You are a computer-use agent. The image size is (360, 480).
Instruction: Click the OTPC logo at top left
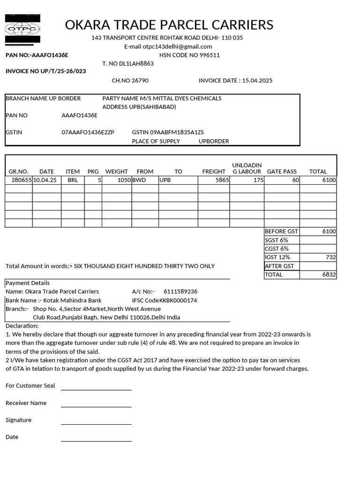coord(22,29)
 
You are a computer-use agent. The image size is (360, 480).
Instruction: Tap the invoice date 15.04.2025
coord(257,81)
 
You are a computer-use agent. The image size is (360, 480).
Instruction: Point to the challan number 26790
coord(139,81)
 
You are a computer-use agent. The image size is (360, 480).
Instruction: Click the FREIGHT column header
coord(214,172)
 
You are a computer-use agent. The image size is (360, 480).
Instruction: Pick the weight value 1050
coord(124,180)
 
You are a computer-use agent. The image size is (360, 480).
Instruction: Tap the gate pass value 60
coord(295,180)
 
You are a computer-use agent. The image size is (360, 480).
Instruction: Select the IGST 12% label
coord(277,257)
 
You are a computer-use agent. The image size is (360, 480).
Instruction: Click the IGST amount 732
coord(330,257)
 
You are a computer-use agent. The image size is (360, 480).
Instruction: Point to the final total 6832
coord(329,275)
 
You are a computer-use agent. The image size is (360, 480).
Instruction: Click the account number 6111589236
coord(180,292)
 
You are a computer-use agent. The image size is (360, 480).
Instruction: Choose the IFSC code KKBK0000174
coord(178,300)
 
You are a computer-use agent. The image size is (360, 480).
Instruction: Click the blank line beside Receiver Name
coord(96,407)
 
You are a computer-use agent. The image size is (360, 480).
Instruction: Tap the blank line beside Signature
coord(96,424)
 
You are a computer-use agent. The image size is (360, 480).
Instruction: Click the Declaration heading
coord(22,326)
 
